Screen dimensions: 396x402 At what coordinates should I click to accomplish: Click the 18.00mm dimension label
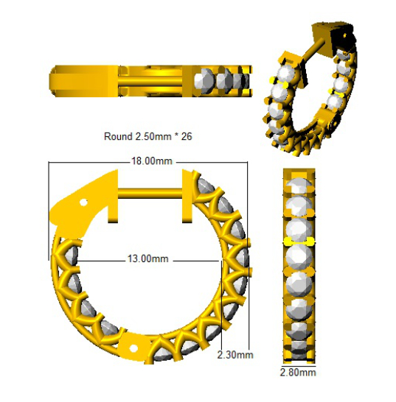(x=151, y=161)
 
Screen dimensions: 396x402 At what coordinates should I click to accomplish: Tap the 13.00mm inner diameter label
(x=148, y=258)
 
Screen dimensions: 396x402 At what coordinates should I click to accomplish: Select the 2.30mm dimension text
(x=235, y=355)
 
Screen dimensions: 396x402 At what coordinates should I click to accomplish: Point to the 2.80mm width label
(x=298, y=373)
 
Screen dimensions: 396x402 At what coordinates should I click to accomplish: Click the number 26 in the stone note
(x=187, y=136)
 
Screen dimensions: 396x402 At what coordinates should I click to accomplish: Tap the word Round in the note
(x=118, y=136)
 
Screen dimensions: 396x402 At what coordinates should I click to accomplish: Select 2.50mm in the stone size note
(x=153, y=136)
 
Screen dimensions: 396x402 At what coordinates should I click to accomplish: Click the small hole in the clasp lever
(x=83, y=202)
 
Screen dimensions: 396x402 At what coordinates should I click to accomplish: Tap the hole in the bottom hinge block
(x=133, y=348)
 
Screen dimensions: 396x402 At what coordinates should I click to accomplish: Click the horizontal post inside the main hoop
(x=150, y=193)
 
